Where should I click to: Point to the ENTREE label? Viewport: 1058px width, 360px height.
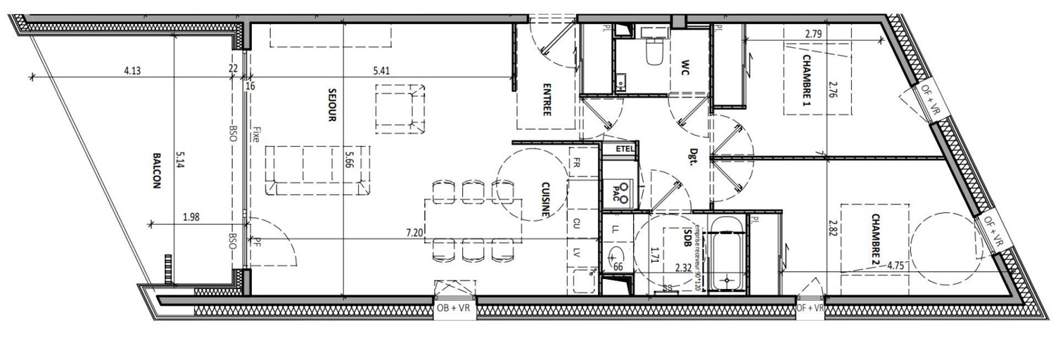coord(546,100)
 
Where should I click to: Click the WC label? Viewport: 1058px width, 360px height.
coord(683,68)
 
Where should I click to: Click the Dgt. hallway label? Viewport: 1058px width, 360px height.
coord(692,155)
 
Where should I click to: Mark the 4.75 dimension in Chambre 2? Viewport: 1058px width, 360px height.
coord(896,265)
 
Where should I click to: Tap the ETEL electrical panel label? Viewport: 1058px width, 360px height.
coord(625,149)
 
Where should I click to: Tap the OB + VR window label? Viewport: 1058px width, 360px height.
coord(454,308)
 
